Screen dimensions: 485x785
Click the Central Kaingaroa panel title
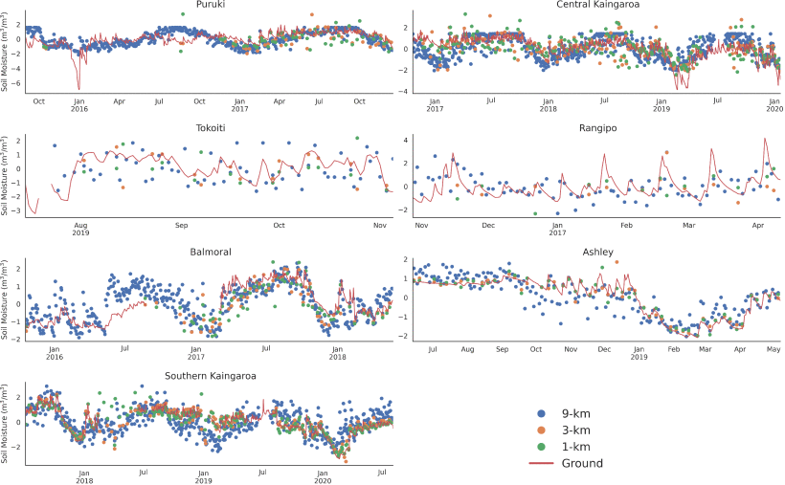596,6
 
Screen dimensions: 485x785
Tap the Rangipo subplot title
596,128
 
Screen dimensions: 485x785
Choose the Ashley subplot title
596,253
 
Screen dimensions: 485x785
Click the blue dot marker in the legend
543,414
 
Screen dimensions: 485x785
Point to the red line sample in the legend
543,463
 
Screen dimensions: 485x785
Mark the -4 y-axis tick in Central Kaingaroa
405,92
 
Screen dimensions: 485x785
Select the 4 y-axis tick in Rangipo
406,140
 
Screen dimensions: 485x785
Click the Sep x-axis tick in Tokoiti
182,226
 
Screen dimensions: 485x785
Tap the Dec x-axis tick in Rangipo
488,226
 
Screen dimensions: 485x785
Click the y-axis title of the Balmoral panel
6,299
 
